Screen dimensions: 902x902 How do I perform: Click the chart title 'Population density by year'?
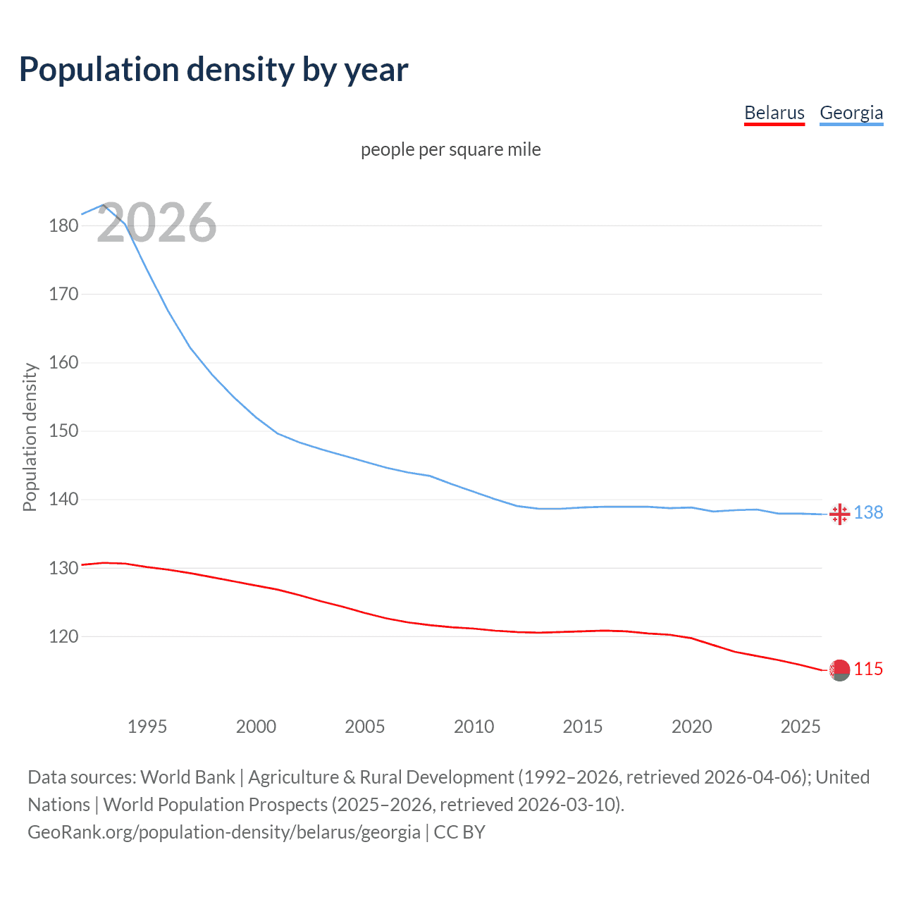coord(214,70)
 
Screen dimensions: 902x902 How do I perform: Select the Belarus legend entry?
coord(774,113)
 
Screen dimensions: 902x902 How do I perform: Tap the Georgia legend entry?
coord(851,113)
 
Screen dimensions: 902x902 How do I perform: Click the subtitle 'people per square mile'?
coord(450,149)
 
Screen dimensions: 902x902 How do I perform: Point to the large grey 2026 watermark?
coord(156,223)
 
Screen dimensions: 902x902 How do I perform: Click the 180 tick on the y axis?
coord(63,226)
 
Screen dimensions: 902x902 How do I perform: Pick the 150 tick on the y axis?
coord(63,431)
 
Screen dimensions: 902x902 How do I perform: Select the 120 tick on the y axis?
coord(63,637)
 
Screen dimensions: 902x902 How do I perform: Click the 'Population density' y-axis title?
coord(30,437)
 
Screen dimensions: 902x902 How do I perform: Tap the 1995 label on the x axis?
coord(147,727)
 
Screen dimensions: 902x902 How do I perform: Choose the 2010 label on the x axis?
coord(474,727)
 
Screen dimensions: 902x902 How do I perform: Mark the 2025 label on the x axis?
coord(801,727)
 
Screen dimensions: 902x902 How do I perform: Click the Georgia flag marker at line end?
coord(839,514)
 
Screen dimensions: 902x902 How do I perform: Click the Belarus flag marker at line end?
coord(839,670)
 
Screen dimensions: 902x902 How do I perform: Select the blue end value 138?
coord(868,513)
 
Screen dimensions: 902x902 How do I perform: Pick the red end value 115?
coord(868,669)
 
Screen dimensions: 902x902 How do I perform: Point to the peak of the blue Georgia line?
coord(104,205)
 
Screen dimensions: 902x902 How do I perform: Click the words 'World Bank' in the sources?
coord(187,777)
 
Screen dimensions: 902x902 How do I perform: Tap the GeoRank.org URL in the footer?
coord(223,832)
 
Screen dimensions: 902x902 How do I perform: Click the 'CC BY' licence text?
coord(459,832)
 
